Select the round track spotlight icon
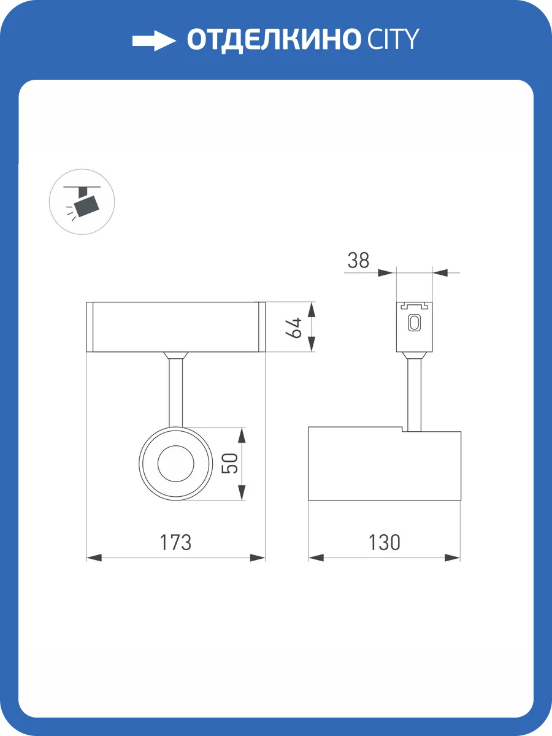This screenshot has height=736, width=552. coord(82,202)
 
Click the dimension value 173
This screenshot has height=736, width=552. coord(175,543)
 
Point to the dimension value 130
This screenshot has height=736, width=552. coord(384,543)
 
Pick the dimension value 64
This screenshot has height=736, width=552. coord(294,327)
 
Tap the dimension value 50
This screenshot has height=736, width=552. coord(229,463)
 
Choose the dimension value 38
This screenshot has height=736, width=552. coord(359,261)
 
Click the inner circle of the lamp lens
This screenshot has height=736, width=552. coord(175,463)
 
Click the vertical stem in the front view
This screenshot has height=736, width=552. coord(175,393)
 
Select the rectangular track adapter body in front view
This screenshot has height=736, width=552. coord(175,327)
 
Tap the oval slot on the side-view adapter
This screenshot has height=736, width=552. coord(415,323)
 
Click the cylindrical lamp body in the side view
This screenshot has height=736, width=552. coord(384,465)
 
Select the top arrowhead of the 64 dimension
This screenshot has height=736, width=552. coord(312,309)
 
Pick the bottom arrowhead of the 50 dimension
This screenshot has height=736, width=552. coord(242,492)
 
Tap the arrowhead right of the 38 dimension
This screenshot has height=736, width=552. coord(440,272)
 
